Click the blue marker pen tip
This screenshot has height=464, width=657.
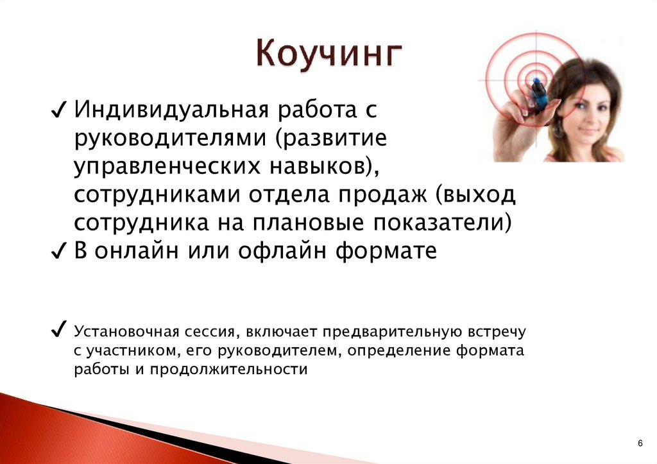537,81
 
